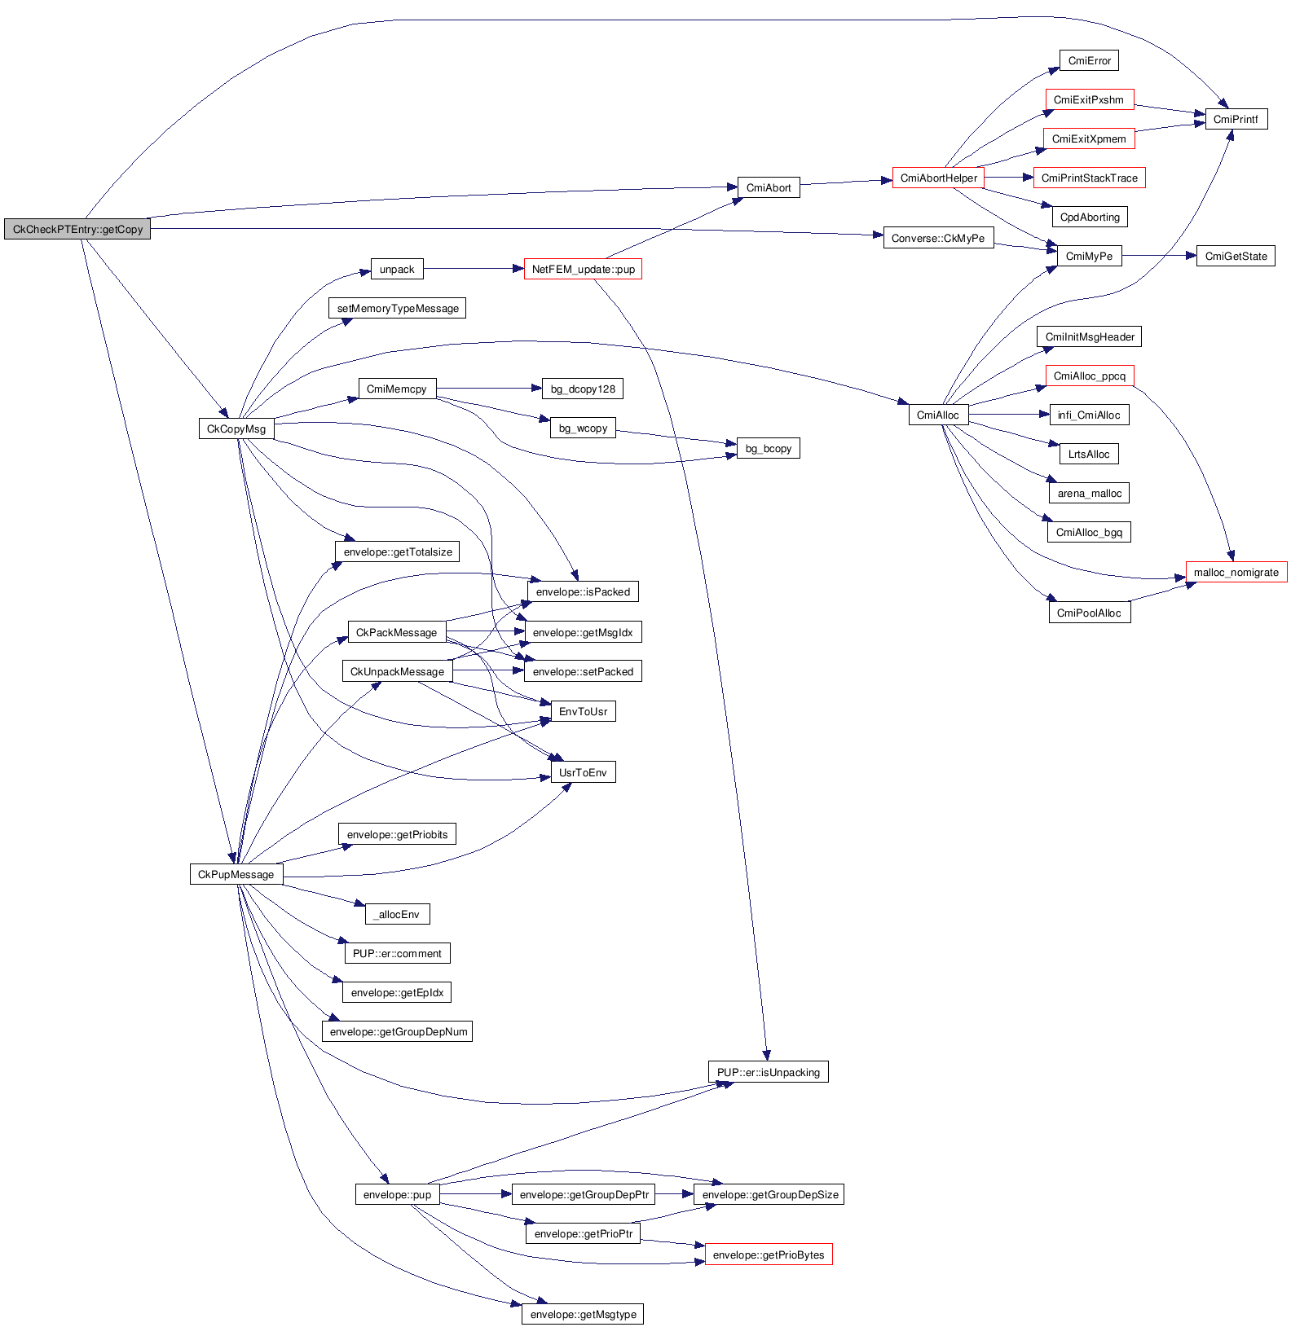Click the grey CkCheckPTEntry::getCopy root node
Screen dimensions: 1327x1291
[77, 230]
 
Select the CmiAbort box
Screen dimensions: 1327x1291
[768, 187]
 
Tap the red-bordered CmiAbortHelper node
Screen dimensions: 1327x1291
[938, 178]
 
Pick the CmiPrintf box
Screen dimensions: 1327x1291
[1236, 119]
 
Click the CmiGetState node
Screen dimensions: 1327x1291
[1236, 256]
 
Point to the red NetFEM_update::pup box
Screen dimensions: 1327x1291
[583, 269]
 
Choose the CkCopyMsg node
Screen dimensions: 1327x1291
[236, 428]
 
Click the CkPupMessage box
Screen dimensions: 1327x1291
[236, 874]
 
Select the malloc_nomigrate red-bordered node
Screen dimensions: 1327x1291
[1236, 572]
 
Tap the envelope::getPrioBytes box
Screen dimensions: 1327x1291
[768, 1254]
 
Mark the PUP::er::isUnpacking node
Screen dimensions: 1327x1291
[768, 1072]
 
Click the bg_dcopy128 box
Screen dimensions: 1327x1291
[583, 389]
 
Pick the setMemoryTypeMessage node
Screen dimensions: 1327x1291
[398, 308]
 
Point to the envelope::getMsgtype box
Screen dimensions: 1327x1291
[583, 1314]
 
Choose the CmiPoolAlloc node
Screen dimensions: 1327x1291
[1089, 613]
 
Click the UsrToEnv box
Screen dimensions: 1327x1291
[583, 772]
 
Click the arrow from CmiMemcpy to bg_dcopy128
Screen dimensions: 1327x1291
[489, 389]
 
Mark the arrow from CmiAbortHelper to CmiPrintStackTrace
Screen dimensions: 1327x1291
[1008, 178]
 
